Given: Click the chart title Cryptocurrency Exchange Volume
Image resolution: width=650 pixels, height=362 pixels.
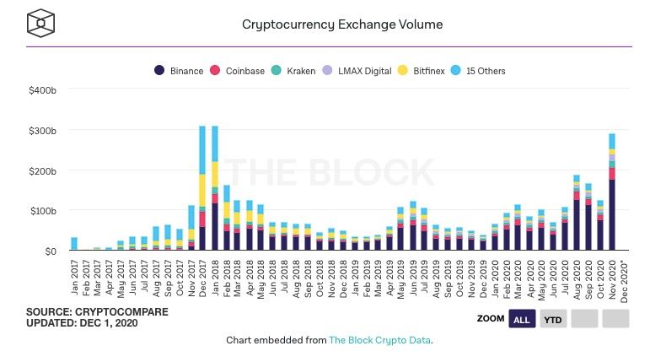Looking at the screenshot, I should [x=341, y=24].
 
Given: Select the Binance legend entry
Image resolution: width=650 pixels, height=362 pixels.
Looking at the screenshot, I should [x=179, y=71].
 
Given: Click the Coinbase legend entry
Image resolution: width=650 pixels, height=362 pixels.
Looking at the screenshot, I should [x=240, y=71].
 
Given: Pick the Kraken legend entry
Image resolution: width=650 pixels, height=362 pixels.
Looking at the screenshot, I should [x=294, y=71].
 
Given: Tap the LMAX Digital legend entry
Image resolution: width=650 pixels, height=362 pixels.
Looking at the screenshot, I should [x=358, y=71].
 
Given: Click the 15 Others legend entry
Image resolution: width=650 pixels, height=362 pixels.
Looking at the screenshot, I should [x=481, y=71].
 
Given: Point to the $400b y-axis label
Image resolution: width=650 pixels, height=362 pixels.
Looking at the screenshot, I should [x=41, y=90].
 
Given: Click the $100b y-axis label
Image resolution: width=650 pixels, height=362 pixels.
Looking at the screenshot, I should [x=41, y=211].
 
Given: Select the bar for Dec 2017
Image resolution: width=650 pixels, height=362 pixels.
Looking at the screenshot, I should [x=202, y=194].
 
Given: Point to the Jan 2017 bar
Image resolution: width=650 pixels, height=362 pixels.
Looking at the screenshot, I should [x=74, y=244].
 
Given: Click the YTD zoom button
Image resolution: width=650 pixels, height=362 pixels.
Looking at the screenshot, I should [x=553, y=319].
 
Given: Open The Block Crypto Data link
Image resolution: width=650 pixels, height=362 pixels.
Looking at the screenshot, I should [x=379, y=340].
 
